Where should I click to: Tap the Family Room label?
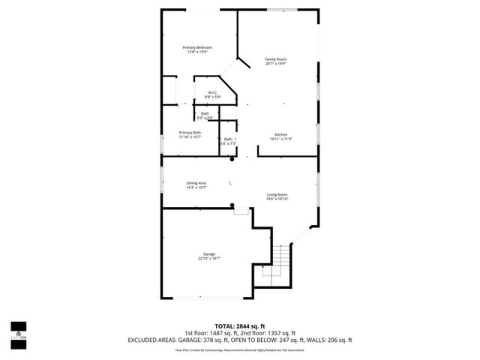[276, 59]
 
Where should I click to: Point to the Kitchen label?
[281, 134]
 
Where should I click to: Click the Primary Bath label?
[190, 132]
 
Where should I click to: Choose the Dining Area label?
[196, 183]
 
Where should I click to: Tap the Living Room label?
[277, 195]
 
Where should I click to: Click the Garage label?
[208, 254]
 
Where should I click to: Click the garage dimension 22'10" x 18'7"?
[208, 259]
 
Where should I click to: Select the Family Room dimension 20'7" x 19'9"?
[276, 64]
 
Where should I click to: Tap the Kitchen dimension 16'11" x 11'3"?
[281, 139]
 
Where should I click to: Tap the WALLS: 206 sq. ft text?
[327, 340]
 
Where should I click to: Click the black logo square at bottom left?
[18, 327]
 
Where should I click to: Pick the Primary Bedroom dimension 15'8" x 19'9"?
[197, 52]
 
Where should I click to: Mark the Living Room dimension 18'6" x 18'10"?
[277, 199]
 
